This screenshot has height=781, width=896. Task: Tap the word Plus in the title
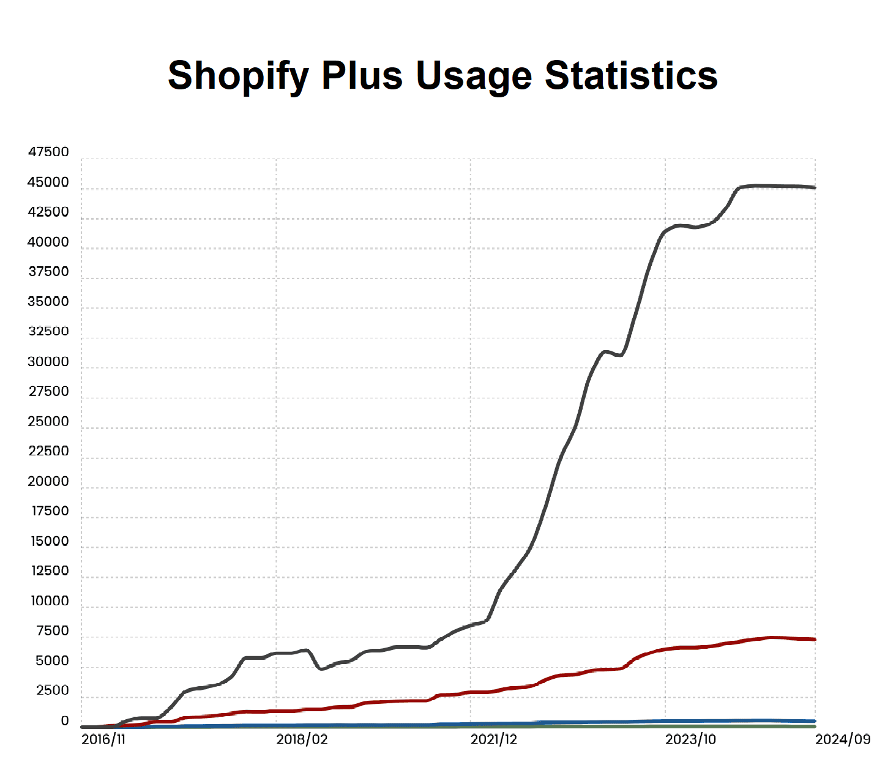362,76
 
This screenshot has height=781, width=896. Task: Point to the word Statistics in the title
631,76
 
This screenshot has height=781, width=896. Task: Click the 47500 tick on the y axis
48,152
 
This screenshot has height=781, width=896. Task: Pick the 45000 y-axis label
48,182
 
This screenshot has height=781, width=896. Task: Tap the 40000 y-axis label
48,242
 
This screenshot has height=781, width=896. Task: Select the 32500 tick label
48,331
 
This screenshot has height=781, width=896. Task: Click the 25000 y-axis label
48,421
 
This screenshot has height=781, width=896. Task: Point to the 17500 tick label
50,511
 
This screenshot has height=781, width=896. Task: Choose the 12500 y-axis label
50,570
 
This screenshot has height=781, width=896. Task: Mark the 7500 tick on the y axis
53,630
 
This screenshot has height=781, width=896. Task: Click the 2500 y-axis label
53,690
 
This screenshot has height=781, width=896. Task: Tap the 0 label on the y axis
65,721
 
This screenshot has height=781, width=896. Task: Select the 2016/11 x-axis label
103,739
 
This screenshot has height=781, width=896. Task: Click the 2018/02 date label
302,739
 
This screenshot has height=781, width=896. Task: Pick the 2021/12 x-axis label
493,739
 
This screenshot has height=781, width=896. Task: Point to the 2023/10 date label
690,739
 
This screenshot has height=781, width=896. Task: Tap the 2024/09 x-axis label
843,739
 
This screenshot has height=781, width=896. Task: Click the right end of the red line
815,639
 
